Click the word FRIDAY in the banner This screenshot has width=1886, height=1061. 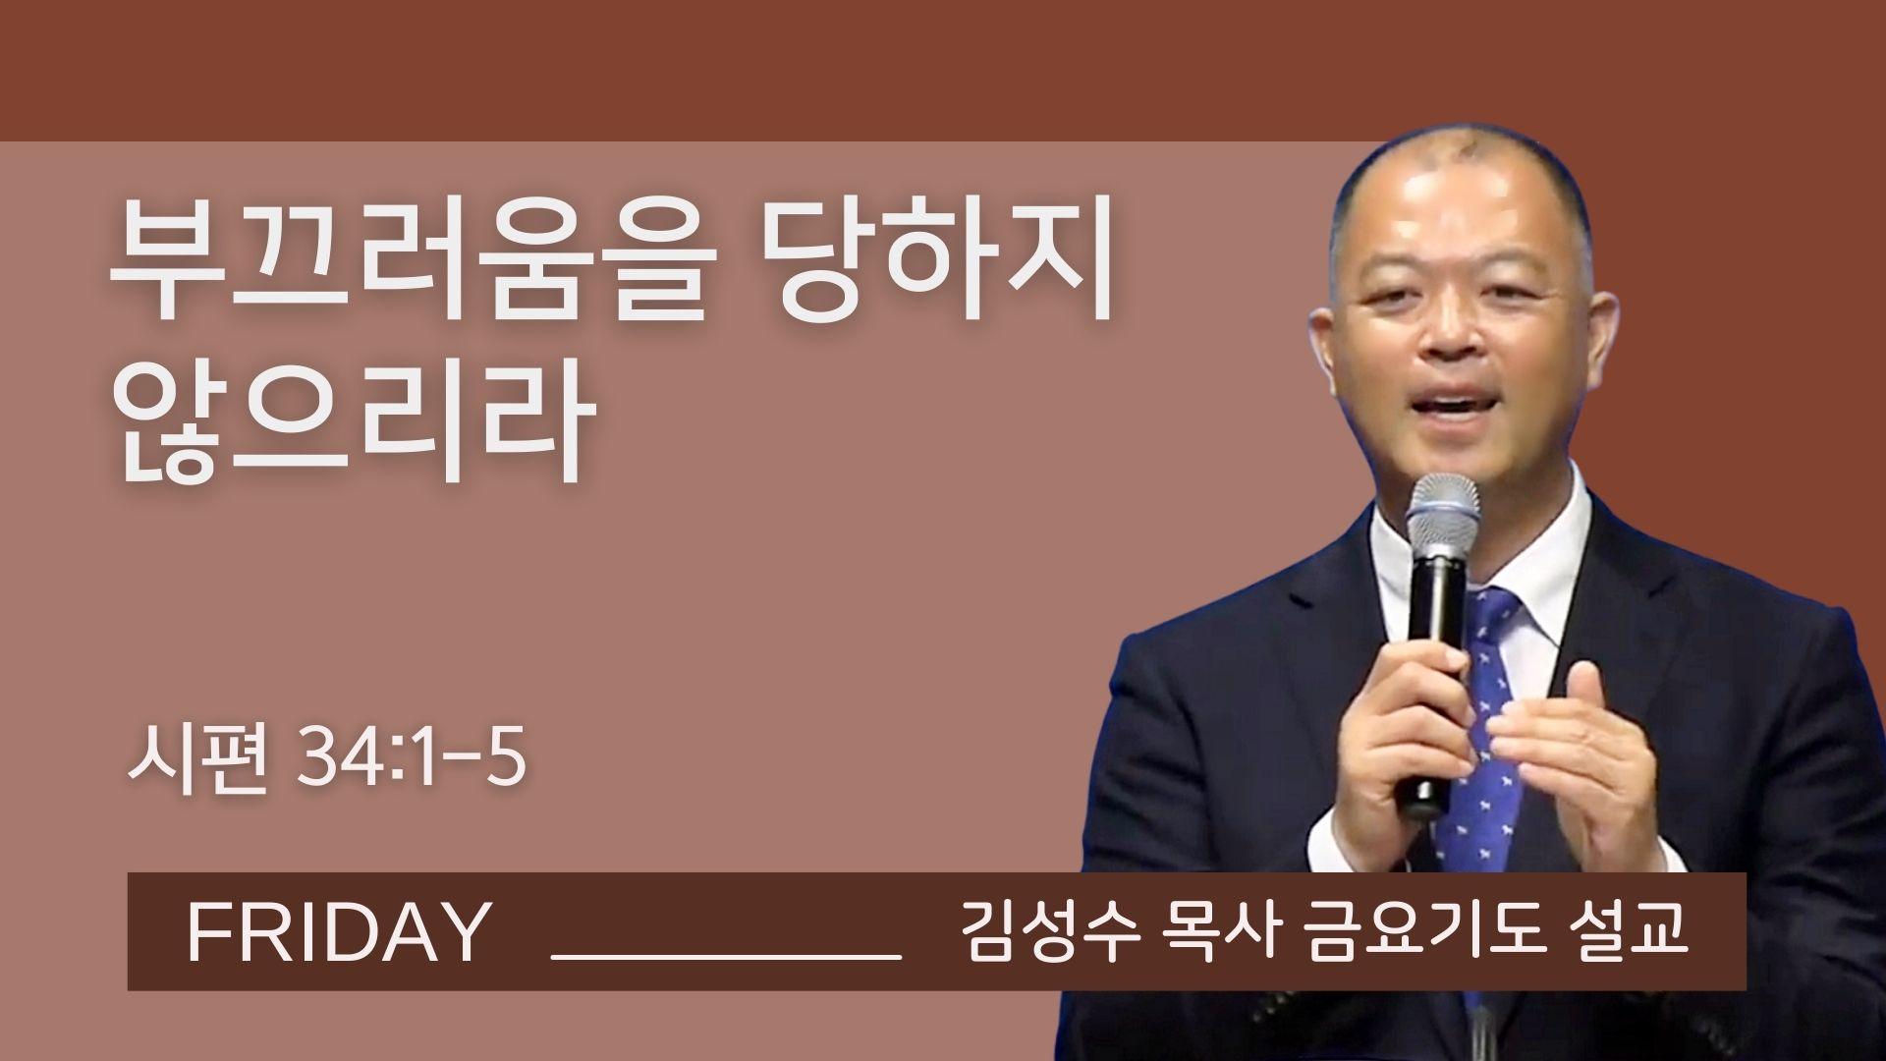tap(337, 932)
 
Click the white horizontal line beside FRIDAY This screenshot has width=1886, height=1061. tap(728, 953)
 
